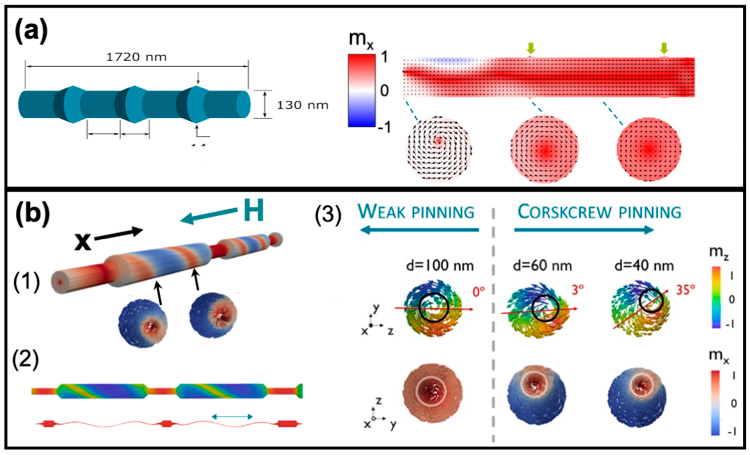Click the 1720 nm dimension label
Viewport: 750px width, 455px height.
point(136,57)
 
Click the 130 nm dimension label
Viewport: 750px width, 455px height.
point(302,105)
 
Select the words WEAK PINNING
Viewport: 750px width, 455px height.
point(416,212)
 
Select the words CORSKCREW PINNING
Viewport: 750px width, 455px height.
point(599,212)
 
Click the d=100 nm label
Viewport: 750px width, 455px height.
point(440,266)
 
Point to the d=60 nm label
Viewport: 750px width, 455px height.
point(542,266)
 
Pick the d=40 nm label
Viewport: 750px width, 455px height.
point(644,266)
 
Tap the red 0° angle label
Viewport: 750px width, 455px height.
point(478,292)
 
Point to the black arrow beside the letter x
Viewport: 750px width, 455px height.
point(119,235)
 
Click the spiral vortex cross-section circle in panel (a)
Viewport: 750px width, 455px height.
point(438,149)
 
